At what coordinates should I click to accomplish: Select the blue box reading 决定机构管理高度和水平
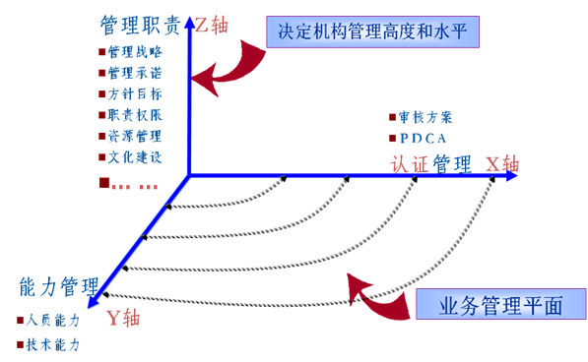(x=378, y=31)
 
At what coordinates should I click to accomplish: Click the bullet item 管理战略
(x=134, y=53)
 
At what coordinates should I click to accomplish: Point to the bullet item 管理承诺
(x=134, y=74)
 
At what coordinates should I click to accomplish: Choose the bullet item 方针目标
(x=134, y=94)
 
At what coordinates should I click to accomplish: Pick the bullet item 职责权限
(x=134, y=115)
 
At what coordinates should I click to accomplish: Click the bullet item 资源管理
(x=134, y=136)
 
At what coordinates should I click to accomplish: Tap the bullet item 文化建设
(x=134, y=156)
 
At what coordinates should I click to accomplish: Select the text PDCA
(x=426, y=138)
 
